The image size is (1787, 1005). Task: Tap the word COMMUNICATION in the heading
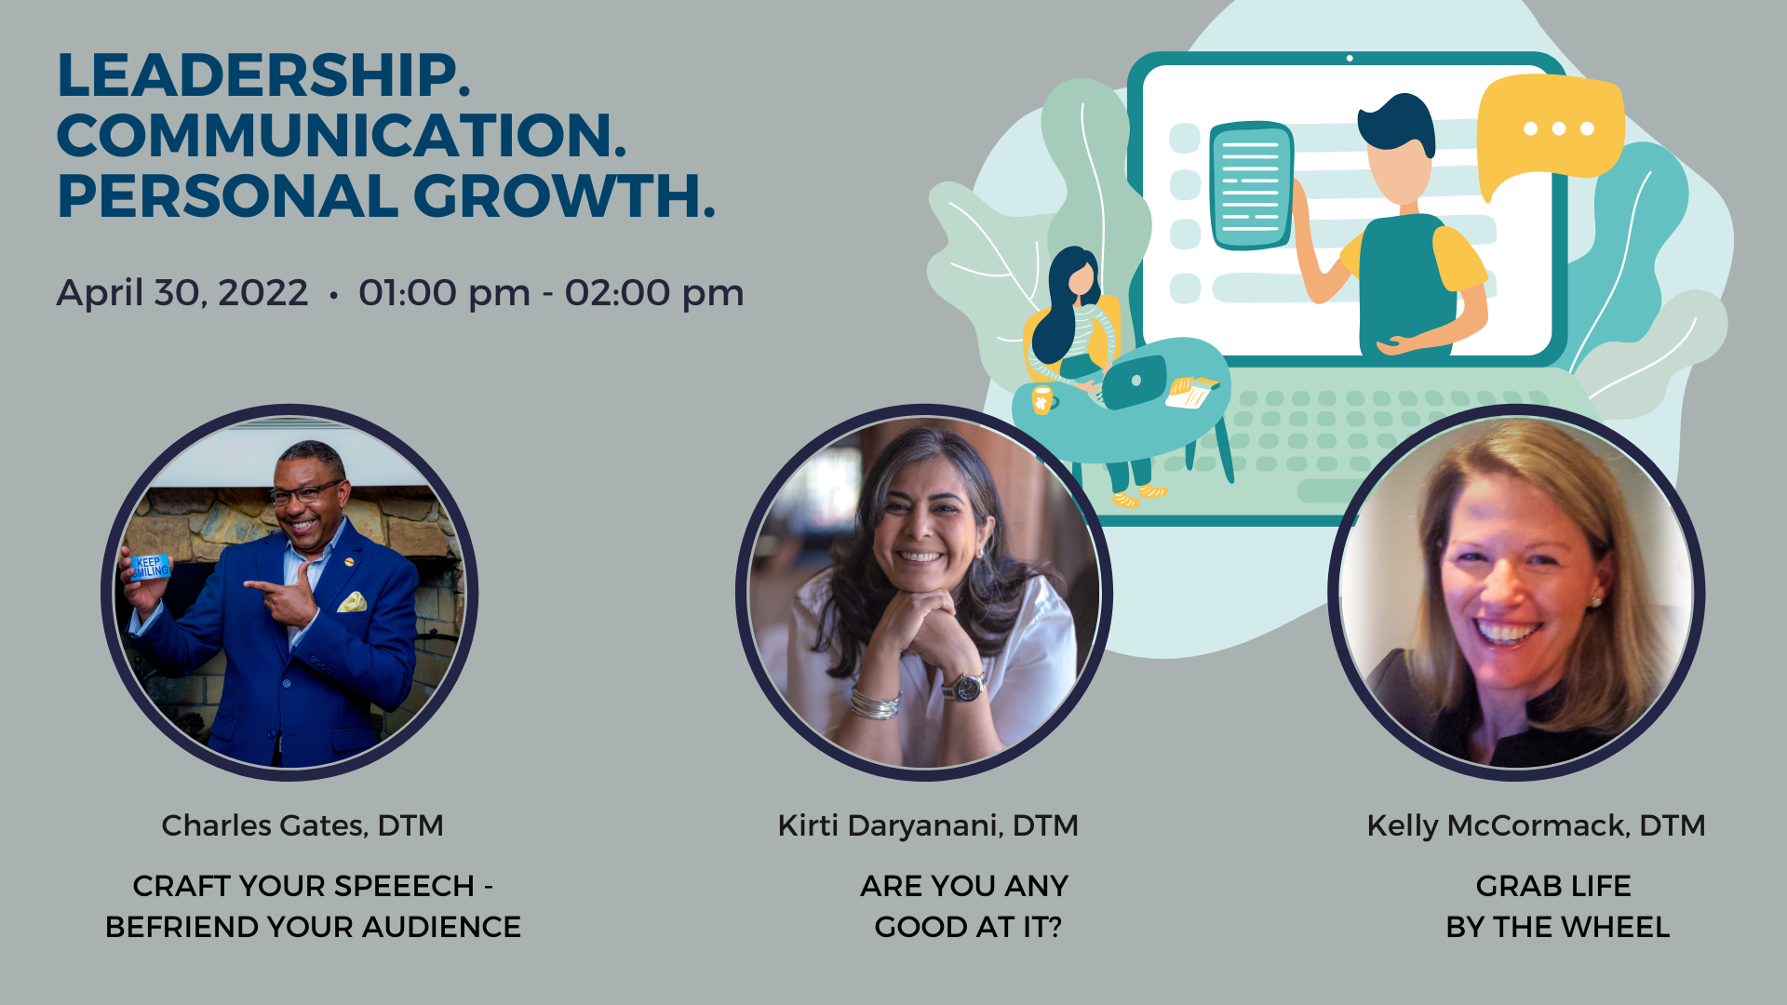[342, 136]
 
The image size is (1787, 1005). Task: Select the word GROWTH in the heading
[564, 196]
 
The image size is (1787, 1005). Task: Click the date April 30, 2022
[181, 293]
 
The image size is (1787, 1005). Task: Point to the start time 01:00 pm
[444, 293]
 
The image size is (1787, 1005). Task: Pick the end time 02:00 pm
[654, 293]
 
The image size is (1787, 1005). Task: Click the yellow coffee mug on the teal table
[1042, 399]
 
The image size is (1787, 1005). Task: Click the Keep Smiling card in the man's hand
[150, 567]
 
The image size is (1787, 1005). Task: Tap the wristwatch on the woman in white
[964, 687]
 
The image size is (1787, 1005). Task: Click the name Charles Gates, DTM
[302, 825]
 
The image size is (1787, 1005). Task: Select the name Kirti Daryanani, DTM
[928, 825]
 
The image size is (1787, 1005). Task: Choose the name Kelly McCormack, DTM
[1536, 825]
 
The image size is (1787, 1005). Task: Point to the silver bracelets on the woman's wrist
[875, 703]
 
